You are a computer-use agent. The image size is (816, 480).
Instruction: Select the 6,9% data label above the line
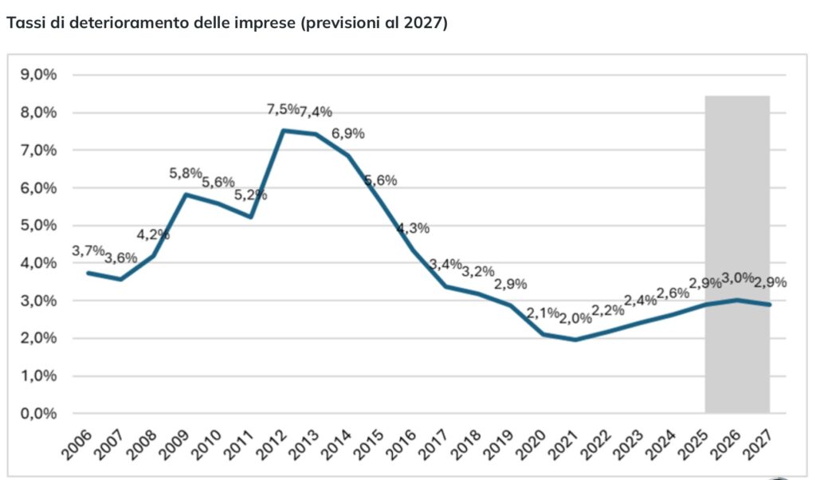click(x=347, y=133)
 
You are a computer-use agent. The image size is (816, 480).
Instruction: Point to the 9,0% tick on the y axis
click(x=38, y=75)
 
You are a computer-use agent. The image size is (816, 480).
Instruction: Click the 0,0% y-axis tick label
click(x=38, y=414)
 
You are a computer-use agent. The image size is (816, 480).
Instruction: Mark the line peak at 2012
click(x=284, y=130)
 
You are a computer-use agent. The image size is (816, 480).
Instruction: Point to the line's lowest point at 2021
click(x=574, y=340)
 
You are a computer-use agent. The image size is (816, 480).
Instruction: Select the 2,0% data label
click(x=575, y=318)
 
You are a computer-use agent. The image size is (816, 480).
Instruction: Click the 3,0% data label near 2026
click(x=738, y=277)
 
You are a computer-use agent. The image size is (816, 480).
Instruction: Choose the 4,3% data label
click(x=413, y=228)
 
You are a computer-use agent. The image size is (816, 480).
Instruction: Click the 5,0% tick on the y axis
click(x=38, y=226)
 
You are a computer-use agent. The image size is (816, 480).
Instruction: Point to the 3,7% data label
click(x=88, y=250)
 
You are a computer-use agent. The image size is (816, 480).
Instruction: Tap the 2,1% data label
click(x=542, y=312)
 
